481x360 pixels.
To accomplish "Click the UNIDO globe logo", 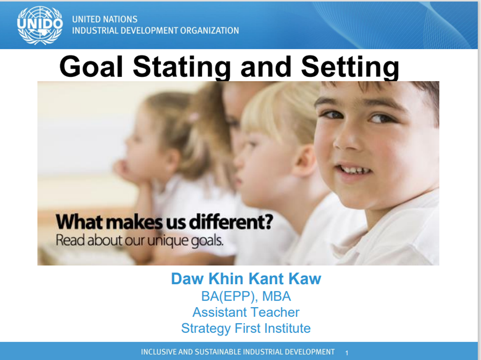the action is point(40,25).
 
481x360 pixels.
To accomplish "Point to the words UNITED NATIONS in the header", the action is point(105,19).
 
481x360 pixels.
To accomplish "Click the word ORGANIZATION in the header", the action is point(210,31).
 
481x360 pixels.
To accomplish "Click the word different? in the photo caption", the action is point(231,222).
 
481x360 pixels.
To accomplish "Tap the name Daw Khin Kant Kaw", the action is point(246,278).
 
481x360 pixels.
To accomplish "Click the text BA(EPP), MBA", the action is point(246,296).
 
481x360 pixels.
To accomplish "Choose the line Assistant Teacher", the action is point(246,312).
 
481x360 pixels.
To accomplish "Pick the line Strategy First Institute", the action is point(246,328).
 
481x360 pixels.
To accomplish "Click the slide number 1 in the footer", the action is point(347,353).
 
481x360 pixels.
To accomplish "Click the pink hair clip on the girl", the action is point(194,116).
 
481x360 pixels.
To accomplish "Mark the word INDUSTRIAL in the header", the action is point(91,31).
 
